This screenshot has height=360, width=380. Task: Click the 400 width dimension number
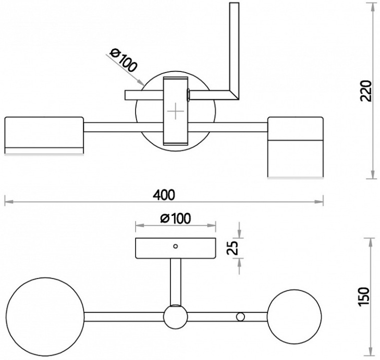pyautogui.click(x=164, y=194)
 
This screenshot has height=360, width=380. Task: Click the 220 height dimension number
pyautogui.click(x=366, y=91)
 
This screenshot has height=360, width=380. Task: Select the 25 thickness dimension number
pyautogui.click(x=234, y=248)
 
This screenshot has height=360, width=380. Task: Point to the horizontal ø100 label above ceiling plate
pyautogui.click(x=175, y=218)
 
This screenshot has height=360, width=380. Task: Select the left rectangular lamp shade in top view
pyautogui.click(x=44, y=135)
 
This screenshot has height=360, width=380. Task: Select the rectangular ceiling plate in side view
pyautogui.click(x=176, y=248)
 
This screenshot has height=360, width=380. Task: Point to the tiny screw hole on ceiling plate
pyautogui.click(x=176, y=245)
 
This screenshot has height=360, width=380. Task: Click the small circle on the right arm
pyautogui.click(x=240, y=317)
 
